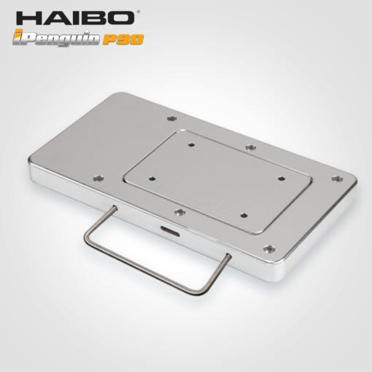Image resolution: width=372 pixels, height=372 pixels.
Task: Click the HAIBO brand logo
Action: click(76, 18)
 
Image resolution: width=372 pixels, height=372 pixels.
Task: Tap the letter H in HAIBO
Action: click(28, 18)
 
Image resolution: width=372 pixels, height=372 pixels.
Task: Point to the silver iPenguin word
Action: click(56, 38)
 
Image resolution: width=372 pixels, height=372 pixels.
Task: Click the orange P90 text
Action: click(123, 39)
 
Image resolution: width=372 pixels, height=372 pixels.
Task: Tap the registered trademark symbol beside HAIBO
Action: click(139, 12)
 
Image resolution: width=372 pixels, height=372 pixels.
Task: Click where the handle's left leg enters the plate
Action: click(115, 208)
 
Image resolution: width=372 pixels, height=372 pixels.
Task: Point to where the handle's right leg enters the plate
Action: click(228, 255)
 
